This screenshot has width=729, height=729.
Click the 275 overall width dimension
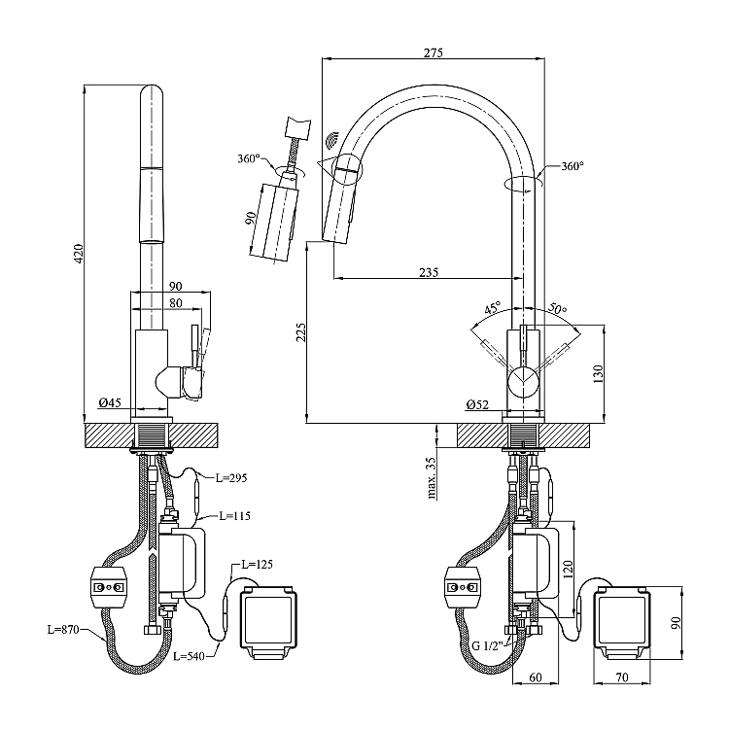click(x=433, y=53)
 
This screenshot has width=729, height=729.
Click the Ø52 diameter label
click(x=476, y=404)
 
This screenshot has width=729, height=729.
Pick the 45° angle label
click(x=493, y=308)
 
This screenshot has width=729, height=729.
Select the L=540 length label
click(x=191, y=657)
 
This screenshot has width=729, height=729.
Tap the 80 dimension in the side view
click(x=176, y=301)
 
